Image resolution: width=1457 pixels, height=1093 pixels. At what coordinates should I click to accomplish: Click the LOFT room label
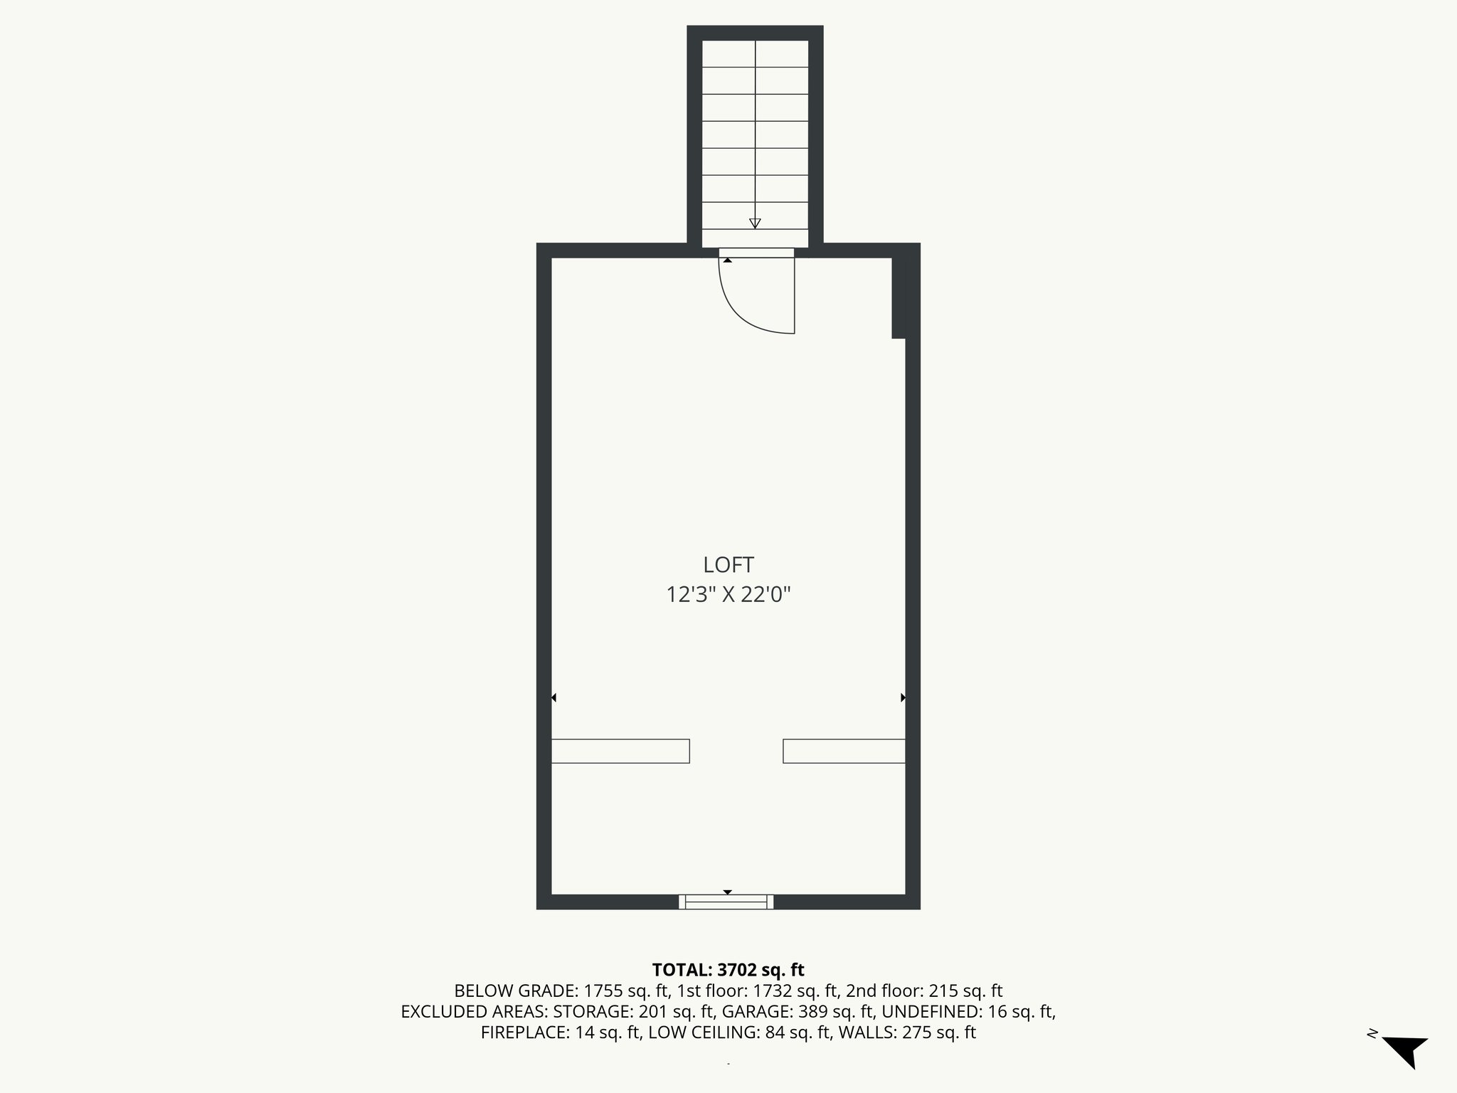(728, 565)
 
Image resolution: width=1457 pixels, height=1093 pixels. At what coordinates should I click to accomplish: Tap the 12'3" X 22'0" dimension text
(728, 595)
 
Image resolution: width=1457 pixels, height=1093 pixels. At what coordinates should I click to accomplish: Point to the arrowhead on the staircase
(755, 223)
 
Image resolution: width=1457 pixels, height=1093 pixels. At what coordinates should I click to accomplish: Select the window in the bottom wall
(726, 902)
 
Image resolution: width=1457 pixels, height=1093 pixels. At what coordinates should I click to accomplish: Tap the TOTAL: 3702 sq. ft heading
(728, 969)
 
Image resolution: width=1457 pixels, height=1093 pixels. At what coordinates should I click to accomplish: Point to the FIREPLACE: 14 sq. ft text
(561, 1033)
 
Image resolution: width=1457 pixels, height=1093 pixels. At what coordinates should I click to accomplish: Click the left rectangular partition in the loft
(620, 751)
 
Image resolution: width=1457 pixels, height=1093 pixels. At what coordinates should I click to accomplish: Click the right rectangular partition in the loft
(844, 751)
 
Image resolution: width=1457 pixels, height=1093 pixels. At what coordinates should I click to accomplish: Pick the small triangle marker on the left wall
(553, 698)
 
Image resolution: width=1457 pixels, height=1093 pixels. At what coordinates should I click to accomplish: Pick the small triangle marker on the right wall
(903, 698)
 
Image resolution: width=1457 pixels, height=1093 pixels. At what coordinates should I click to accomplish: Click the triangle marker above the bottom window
(727, 892)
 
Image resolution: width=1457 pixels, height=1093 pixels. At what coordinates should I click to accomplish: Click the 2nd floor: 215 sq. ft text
(924, 991)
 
